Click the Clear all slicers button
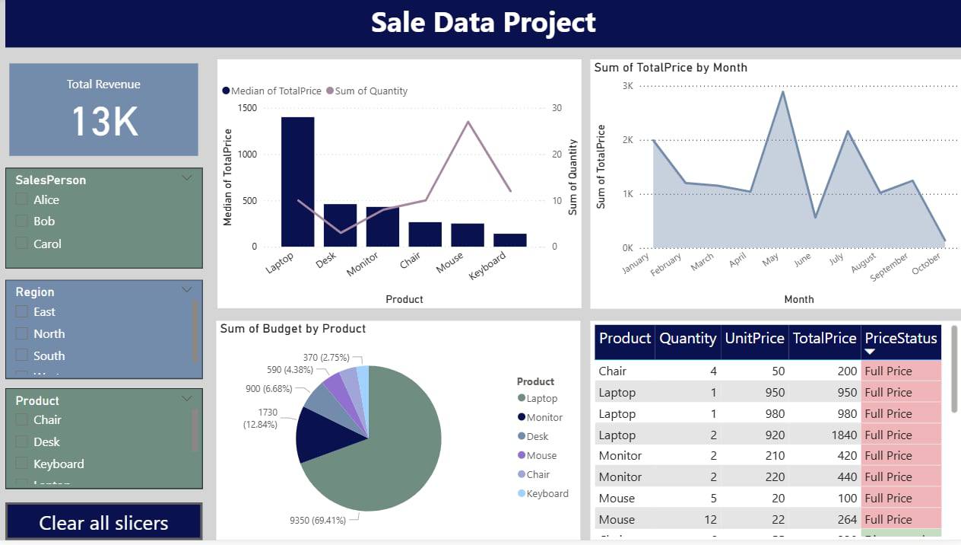(x=103, y=523)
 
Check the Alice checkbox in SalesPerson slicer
(x=21, y=200)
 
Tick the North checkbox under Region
(x=21, y=334)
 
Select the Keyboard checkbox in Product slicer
(x=21, y=464)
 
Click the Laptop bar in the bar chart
(x=297, y=183)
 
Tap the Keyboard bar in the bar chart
(x=509, y=240)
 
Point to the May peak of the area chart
(x=782, y=92)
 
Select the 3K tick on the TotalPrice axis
(x=628, y=86)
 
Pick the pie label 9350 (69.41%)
(x=318, y=521)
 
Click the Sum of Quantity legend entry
(x=367, y=91)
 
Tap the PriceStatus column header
(x=901, y=339)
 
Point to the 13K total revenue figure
(x=104, y=122)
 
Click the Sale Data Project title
(x=483, y=22)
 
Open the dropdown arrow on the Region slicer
(x=187, y=290)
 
